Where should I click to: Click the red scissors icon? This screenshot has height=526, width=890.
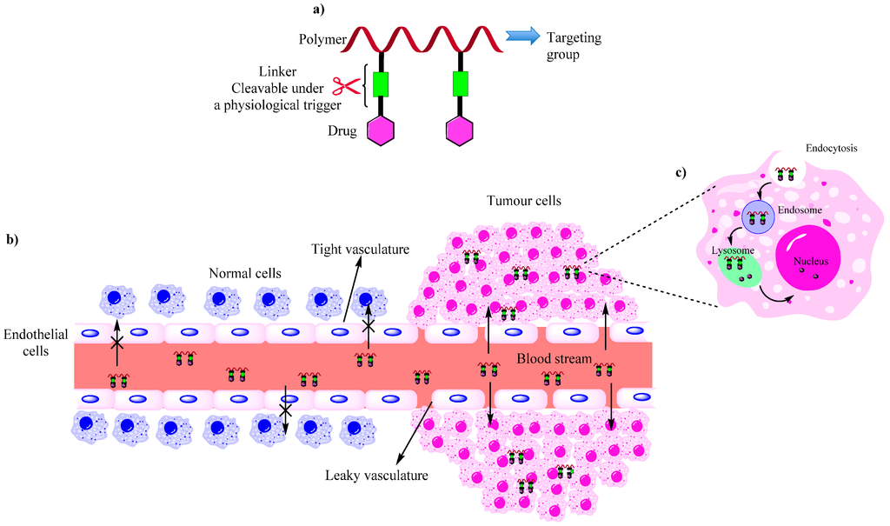(x=346, y=87)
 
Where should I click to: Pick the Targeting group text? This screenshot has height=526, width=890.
(x=574, y=47)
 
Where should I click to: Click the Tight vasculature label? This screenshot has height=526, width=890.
(x=360, y=250)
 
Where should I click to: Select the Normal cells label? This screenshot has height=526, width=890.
(x=244, y=272)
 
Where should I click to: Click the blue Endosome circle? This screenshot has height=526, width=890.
(x=758, y=216)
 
